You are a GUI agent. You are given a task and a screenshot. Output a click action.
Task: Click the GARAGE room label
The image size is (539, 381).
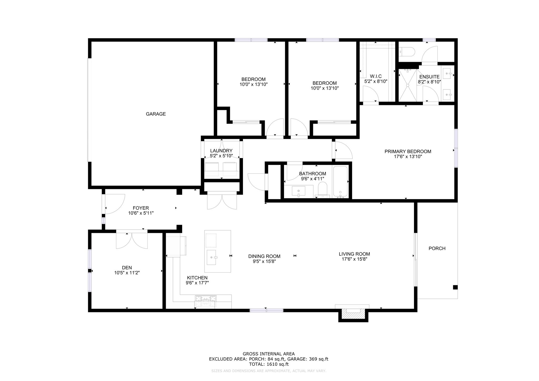(156, 114)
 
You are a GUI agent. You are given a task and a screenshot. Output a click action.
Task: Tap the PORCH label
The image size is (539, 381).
(437, 248)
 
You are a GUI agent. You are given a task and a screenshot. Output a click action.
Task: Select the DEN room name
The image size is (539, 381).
(127, 268)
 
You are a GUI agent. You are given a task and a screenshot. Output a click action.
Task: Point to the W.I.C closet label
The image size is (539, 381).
(376, 76)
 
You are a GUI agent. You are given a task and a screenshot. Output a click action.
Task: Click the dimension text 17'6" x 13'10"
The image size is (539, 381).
(408, 157)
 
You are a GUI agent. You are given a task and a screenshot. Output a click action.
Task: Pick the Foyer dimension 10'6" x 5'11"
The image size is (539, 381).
(141, 213)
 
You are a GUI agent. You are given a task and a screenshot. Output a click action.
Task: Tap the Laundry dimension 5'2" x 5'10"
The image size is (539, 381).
(221, 156)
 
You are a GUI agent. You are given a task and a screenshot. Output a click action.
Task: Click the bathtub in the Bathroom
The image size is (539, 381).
(340, 182)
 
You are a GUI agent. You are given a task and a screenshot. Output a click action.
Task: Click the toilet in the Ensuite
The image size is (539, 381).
(407, 52)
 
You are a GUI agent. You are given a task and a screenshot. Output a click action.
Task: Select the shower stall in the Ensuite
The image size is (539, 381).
(408, 85)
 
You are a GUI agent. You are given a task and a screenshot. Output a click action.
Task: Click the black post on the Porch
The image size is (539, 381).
(455, 287)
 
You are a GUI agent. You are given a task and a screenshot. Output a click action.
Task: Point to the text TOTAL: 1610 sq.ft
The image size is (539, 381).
(269, 364)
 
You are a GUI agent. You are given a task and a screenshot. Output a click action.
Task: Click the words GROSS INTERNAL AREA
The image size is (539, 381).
(269, 354)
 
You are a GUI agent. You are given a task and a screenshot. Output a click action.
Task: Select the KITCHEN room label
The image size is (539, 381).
(197, 278)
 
